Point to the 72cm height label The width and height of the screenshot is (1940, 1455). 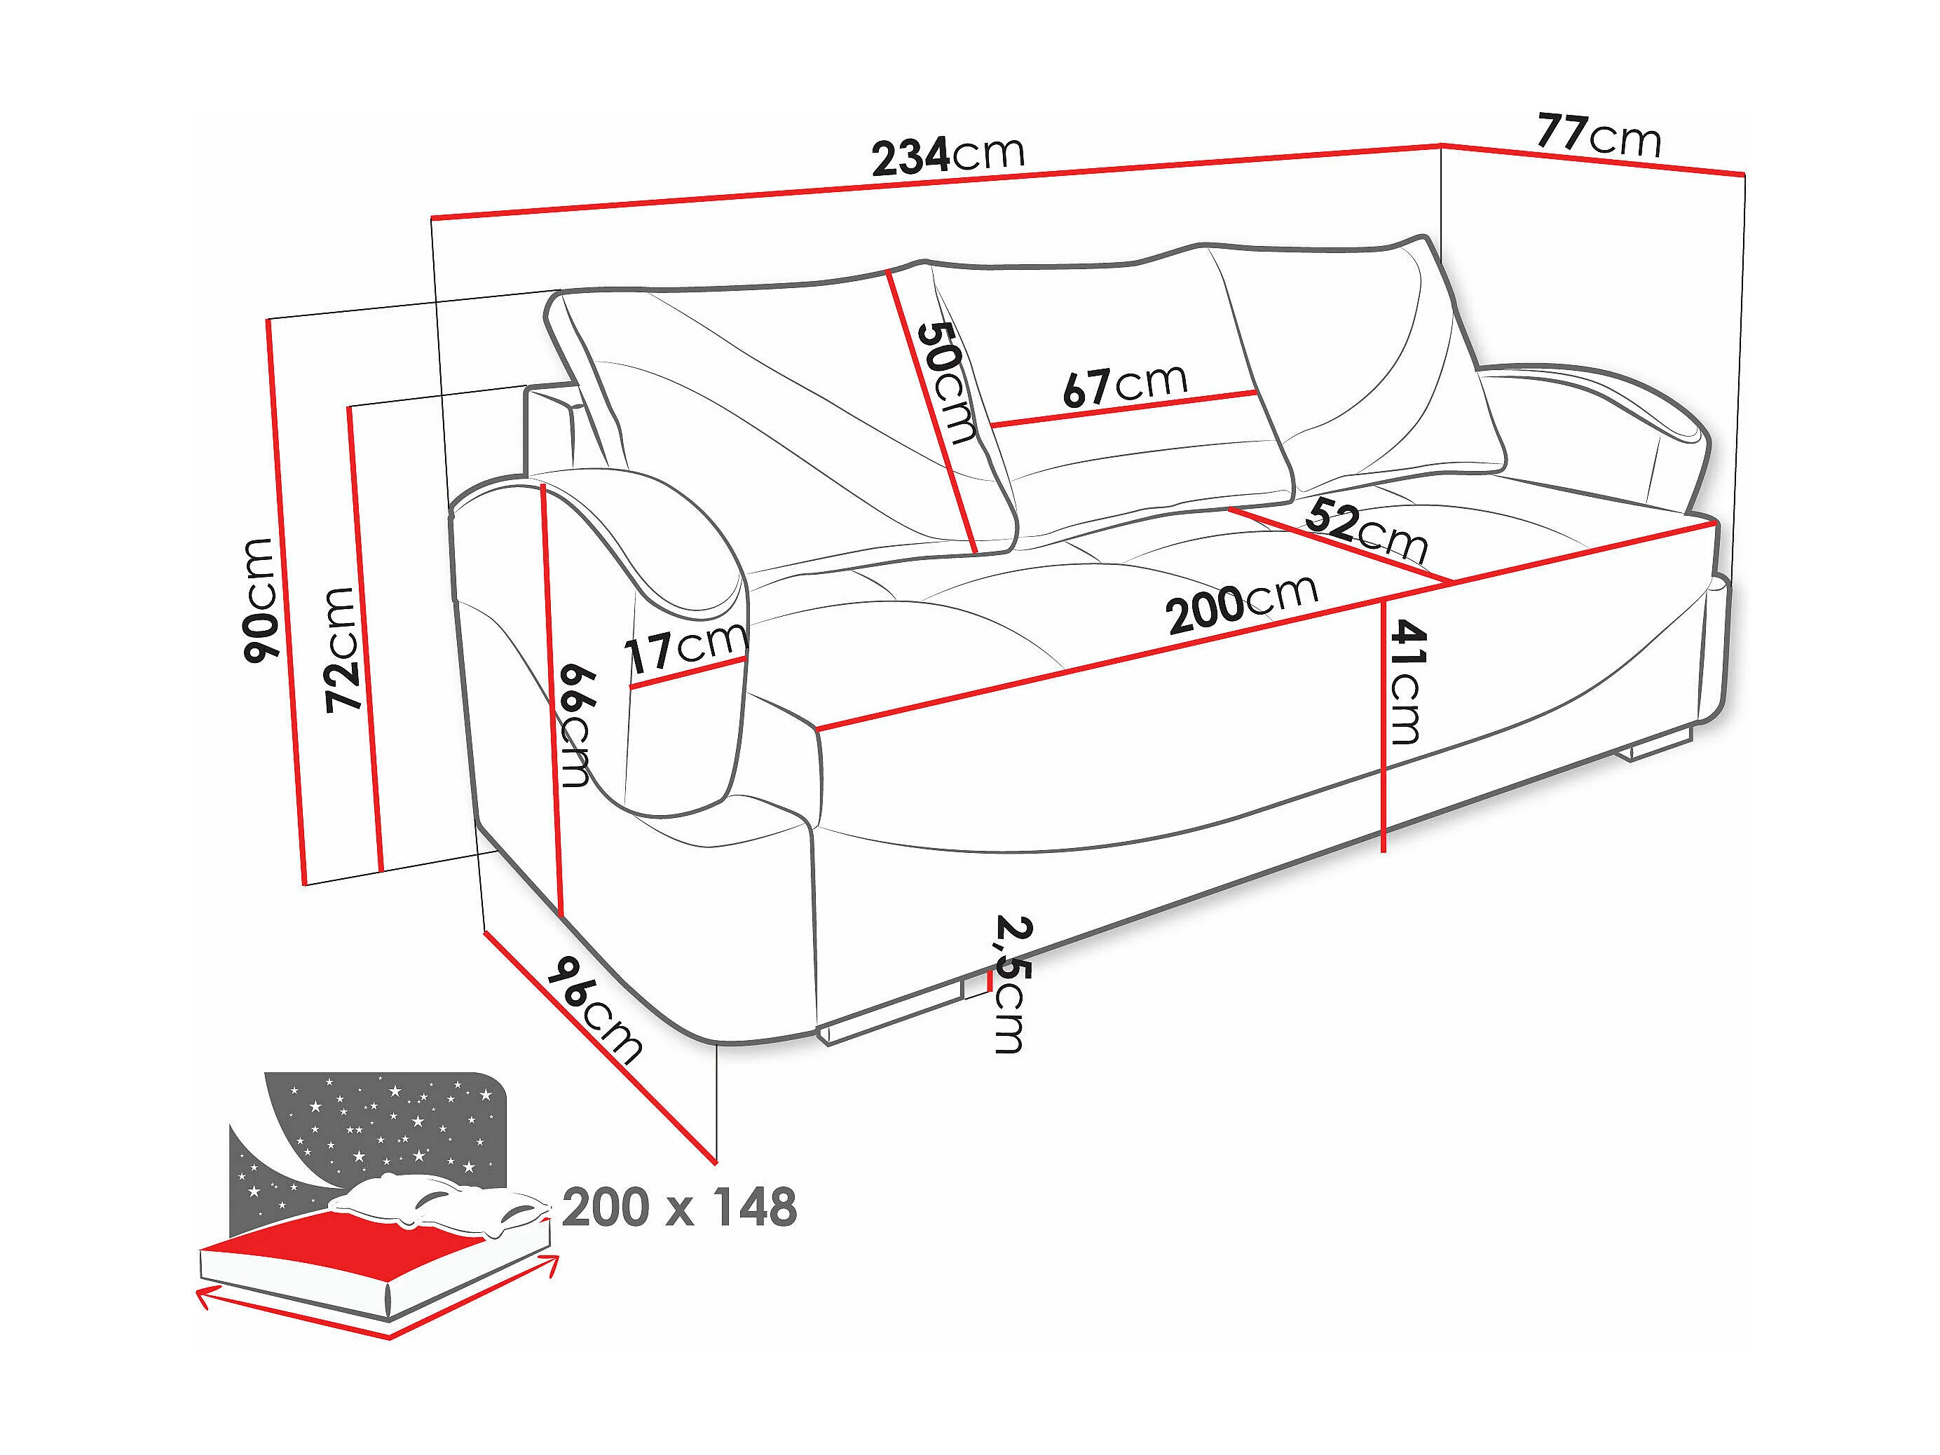click(x=342, y=648)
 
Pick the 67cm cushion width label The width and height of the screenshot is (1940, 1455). click(x=1124, y=384)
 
